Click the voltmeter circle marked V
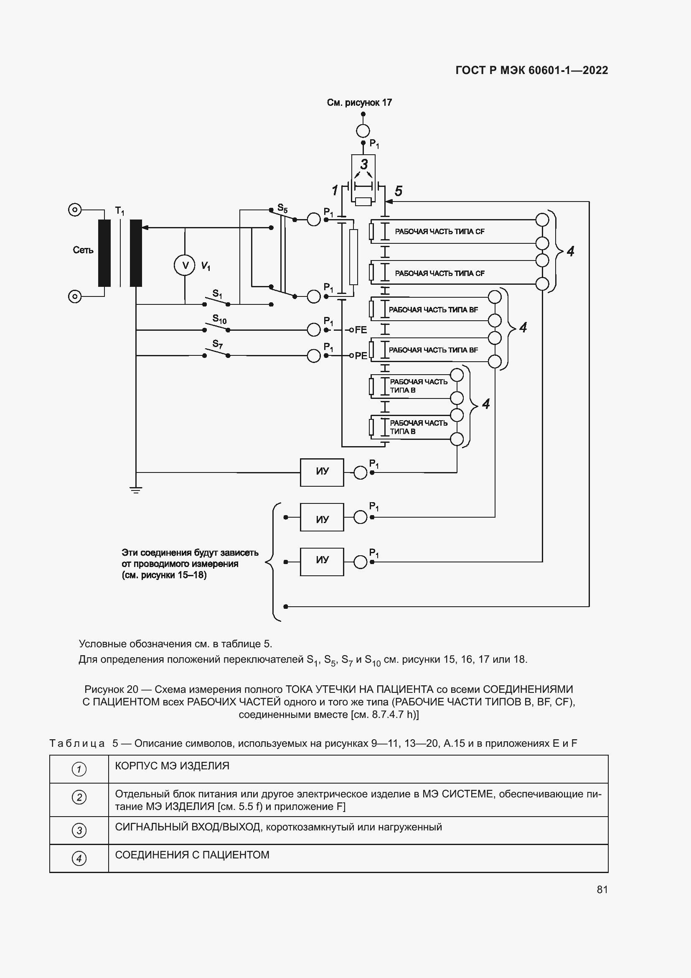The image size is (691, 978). pyautogui.click(x=185, y=266)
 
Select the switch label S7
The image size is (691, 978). pyautogui.click(x=217, y=344)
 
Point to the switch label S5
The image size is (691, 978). pyautogui.click(x=282, y=208)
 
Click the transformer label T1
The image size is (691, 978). pyautogui.click(x=119, y=210)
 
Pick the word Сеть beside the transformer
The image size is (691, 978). pyautogui.click(x=83, y=250)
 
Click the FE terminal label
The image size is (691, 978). pyautogui.click(x=361, y=329)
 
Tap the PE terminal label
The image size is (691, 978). pyautogui.click(x=361, y=356)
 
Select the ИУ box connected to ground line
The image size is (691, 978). pyautogui.click(x=322, y=472)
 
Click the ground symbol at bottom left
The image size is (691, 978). pyautogui.click(x=136, y=490)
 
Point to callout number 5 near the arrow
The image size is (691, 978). pyautogui.click(x=398, y=191)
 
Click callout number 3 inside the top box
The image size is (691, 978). pyautogui.click(x=364, y=164)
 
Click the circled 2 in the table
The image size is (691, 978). pyautogui.click(x=79, y=797)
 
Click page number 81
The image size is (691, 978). pyautogui.click(x=602, y=889)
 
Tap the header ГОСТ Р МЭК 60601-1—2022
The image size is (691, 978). pyautogui.click(x=531, y=70)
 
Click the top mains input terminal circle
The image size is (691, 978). pyautogui.click(x=75, y=209)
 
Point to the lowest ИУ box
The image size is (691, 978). pyautogui.click(x=322, y=562)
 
